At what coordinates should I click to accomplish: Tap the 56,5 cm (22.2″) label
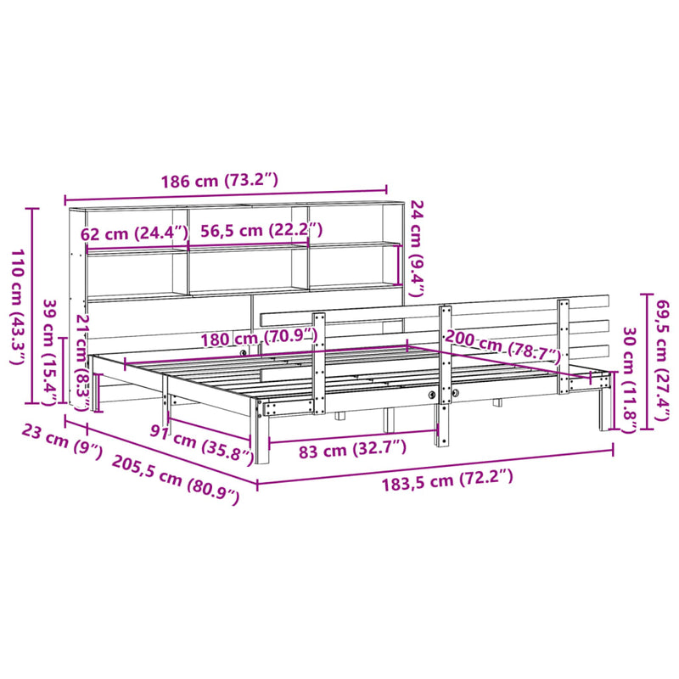(x=255, y=230)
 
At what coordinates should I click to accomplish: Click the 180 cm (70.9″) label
(x=258, y=339)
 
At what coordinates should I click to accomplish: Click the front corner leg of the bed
(x=261, y=437)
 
